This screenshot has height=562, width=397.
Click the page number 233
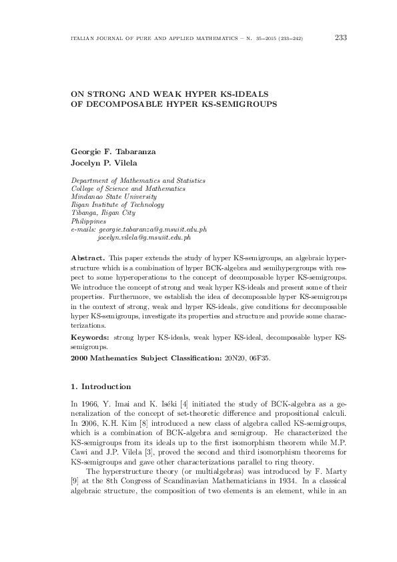click(x=340, y=37)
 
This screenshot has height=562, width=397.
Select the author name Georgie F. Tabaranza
click(x=113, y=152)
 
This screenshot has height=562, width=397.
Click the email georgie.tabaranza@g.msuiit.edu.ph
click(x=152, y=229)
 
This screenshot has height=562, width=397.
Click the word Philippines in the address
click(x=88, y=221)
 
